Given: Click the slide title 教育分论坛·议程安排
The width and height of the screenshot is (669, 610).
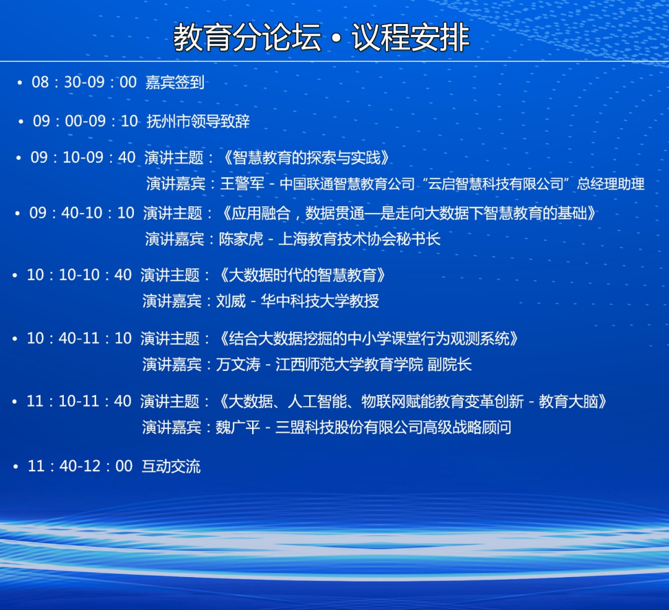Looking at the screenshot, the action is tap(321, 38).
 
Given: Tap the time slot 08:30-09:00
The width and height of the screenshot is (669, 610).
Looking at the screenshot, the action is tap(84, 82).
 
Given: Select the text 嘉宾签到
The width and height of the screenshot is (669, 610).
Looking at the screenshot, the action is tap(175, 82).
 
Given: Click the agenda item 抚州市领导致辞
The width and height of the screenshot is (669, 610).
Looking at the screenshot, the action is tap(198, 121).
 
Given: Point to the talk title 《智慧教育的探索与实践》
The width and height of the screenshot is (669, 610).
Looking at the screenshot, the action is tap(306, 158).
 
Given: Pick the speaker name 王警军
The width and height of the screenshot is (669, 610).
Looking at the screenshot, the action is tap(242, 184).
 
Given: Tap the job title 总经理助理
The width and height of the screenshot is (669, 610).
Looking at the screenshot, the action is tap(611, 184).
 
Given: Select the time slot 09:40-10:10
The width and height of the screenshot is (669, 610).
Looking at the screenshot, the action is tap(82, 213).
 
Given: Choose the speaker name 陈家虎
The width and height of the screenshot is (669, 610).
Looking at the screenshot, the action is tap(241, 239).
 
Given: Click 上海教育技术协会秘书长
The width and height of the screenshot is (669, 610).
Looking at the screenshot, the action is tap(359, 239).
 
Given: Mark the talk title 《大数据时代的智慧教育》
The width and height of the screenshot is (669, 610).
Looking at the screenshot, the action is tap(302, 275).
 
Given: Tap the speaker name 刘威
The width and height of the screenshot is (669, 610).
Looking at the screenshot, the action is tap(231, 301).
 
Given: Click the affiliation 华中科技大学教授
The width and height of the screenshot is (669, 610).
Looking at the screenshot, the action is tap(320, 301).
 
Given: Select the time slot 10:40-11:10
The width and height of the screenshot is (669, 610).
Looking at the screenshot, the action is tap(79, 338).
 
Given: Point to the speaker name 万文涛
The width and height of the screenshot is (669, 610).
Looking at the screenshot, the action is tap(238, 365).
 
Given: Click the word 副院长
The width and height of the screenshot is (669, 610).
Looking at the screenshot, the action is tap(449, 365).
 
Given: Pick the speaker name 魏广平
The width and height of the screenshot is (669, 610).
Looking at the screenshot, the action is tap(238, 427).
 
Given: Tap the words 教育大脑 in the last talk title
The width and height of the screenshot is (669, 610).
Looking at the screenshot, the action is tap(568, 401).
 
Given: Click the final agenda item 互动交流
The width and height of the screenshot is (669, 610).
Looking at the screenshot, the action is tap(171, 466).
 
